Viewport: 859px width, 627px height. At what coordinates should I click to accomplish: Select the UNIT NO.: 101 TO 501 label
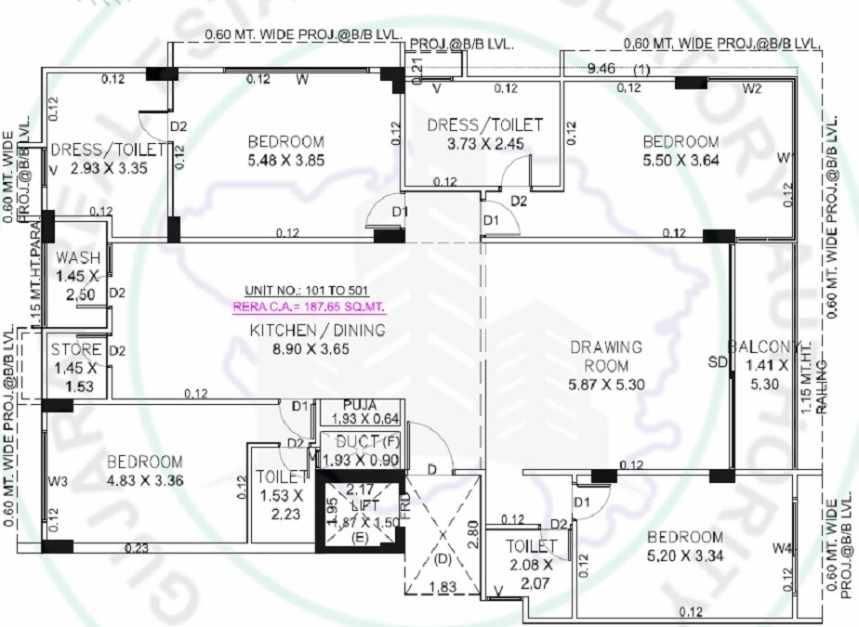(309, 291)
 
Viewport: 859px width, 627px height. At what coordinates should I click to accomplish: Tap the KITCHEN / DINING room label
(317, 331)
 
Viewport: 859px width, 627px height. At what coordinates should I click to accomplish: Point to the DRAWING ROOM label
(606, 356)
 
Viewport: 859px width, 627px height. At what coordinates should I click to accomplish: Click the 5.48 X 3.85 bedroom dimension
(285, 160)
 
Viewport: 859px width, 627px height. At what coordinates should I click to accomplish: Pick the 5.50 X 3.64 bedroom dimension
(681, 159)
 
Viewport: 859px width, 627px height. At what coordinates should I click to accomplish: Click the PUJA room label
(359, 406)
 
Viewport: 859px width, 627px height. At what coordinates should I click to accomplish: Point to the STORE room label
(76, 350)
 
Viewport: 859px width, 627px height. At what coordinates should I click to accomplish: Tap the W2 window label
(752, 89)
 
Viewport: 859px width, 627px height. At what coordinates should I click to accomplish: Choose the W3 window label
(59, 481)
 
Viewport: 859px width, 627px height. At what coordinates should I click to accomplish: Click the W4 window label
(781, 550)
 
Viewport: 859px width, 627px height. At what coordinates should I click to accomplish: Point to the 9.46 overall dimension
(601, 68)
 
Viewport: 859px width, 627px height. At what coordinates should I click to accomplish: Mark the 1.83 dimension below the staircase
(443, 587)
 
